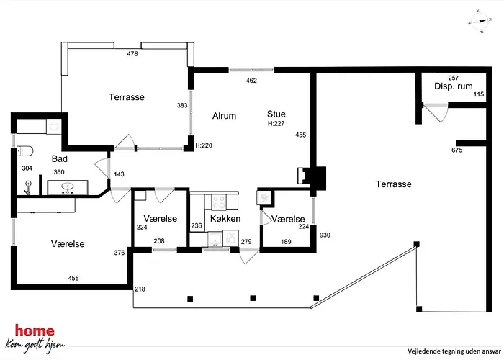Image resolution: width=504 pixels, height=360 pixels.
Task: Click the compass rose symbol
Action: tap(480, 22)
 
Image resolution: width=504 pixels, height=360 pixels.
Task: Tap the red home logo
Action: tap(35, 330)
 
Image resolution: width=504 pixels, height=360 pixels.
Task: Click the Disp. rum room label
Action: tap(453, 86)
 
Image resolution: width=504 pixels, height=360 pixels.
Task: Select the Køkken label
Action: tap(225, 219)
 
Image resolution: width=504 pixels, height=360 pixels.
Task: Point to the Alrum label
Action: tap(224, 116)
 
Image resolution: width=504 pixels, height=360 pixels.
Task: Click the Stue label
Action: tap(276, 114)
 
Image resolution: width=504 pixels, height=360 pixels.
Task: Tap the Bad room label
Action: tap(60, 159)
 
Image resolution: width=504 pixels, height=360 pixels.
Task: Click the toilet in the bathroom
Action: tap(24, 150)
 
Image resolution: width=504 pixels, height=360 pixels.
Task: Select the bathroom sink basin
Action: tap(68, 186)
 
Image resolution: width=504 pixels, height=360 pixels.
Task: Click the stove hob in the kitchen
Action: tap(219, 202)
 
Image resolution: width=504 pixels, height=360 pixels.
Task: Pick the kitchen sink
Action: tap(214, 239)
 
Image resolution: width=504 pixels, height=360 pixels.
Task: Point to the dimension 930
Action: tap(325, 235)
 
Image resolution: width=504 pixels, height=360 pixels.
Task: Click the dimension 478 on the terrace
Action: tap(132, 54)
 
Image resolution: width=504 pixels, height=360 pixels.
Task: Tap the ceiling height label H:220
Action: tap(204, 145)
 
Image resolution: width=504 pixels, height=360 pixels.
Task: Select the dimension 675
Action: tap(456, 150)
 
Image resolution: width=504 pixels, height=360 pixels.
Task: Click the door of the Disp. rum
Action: tap(436, 112)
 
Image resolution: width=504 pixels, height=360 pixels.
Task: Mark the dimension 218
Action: tap(140, 289)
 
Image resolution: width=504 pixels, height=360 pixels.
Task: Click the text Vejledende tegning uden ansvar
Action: tap(454, 351)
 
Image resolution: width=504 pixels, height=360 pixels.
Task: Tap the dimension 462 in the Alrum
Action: tap(251, 81)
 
